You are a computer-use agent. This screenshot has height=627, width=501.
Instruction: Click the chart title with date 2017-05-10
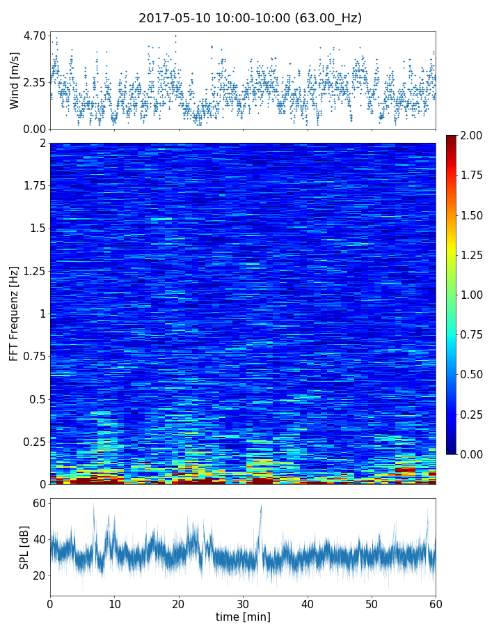250,18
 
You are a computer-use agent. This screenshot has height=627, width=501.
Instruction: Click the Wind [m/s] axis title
15,81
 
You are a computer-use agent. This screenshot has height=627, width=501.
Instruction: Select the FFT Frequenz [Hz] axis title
14,313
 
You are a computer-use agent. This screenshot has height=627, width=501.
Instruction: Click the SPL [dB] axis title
24,547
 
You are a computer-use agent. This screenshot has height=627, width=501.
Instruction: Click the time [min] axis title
243,617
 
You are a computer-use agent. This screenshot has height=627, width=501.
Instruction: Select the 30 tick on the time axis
243,603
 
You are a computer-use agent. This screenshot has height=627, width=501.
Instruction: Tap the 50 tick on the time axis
372,603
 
